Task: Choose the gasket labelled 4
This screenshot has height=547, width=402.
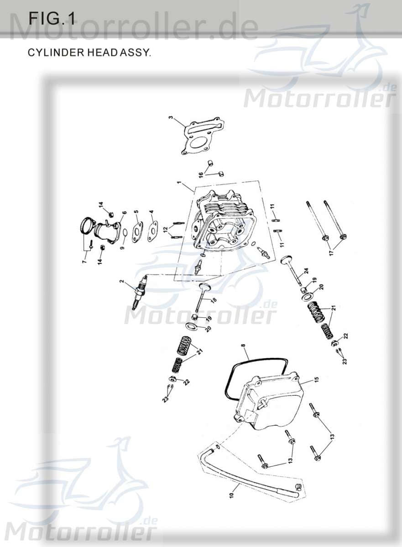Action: click(153, 228)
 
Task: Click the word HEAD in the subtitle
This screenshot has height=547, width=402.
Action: click(96, 52)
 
